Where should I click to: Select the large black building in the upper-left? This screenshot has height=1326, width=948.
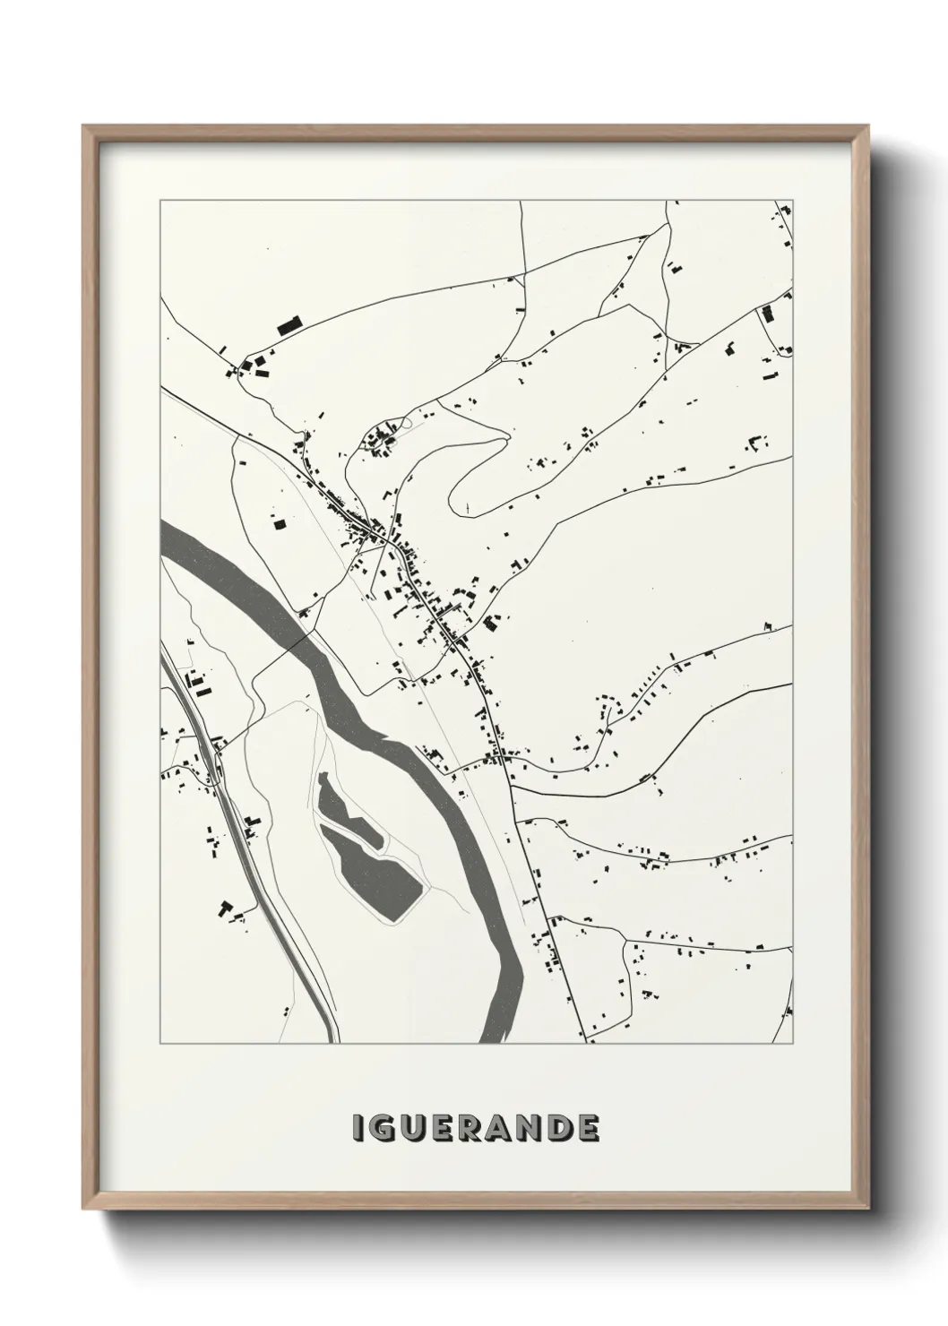[289, 325]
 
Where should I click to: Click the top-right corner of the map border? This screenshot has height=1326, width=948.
[793, 201]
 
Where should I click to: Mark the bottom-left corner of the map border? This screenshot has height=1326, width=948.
[160, 1044]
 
